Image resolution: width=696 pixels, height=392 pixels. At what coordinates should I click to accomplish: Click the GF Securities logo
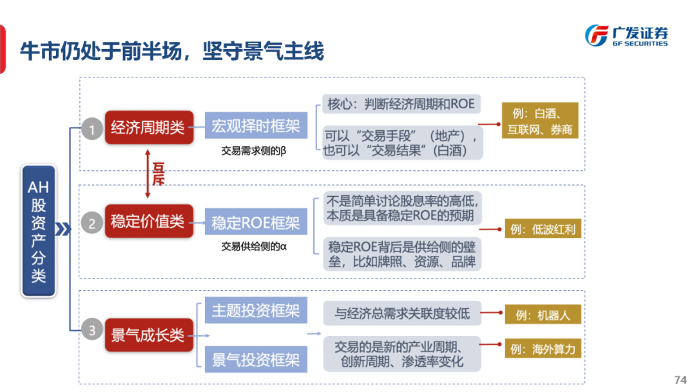pos(626,35)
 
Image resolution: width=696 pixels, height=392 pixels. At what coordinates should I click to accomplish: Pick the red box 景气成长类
pos(148,335)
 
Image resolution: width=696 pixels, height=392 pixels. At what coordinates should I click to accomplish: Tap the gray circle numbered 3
pos(92,331)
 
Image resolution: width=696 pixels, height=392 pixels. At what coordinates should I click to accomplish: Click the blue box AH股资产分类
pos(39,230)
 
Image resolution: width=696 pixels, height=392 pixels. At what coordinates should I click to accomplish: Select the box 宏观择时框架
pos(256,126)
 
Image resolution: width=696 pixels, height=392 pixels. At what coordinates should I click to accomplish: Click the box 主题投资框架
pos(256,311)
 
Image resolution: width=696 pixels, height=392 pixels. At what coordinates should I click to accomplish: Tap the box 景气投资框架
pos(256,359)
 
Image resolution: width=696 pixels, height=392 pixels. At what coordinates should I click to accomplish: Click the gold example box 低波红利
pos(543,229)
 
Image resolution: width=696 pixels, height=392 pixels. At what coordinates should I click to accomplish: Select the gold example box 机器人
pos(543,315)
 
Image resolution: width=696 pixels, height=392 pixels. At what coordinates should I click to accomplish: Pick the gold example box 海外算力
pos(543,349)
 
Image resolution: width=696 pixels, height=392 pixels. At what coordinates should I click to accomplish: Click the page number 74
pos(680,379)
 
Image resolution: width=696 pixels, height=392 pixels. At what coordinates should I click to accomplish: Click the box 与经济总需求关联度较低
pos(402,314)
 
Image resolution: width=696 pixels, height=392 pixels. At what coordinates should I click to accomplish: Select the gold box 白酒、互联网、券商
pos(540,121)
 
